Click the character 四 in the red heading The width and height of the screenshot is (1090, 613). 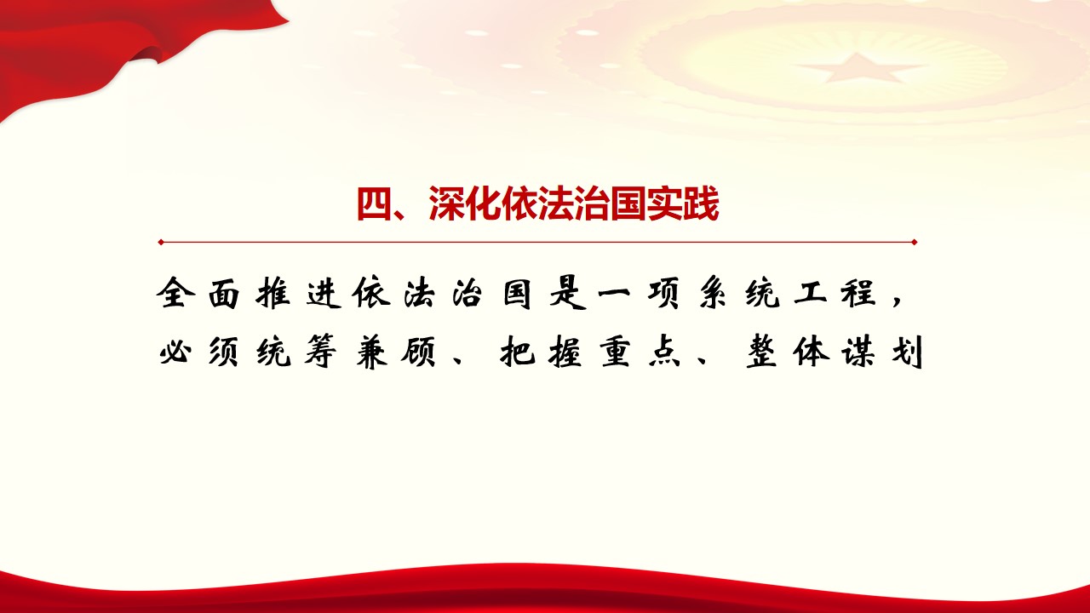pos(375,203)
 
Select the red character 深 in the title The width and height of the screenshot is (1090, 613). pos(447,203)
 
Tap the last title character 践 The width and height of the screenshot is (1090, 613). pos(701,203)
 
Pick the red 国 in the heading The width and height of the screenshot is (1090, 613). pos(628,203)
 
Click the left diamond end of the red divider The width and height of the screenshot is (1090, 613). pos(161,242)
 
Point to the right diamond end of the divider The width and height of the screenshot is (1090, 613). pos(915,242)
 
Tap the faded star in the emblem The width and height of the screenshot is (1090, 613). pos(860,68)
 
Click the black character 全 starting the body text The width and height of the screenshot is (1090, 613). pos(175,293)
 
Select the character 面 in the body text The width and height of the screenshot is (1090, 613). pos(224,294)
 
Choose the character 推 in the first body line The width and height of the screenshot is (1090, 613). pos(273,293)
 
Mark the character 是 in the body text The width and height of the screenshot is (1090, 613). pos(567,293)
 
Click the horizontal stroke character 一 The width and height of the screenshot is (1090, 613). pos(615,293)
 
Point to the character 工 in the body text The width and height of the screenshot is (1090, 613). pos(810,294)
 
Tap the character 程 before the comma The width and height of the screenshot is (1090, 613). pos(859,293)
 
